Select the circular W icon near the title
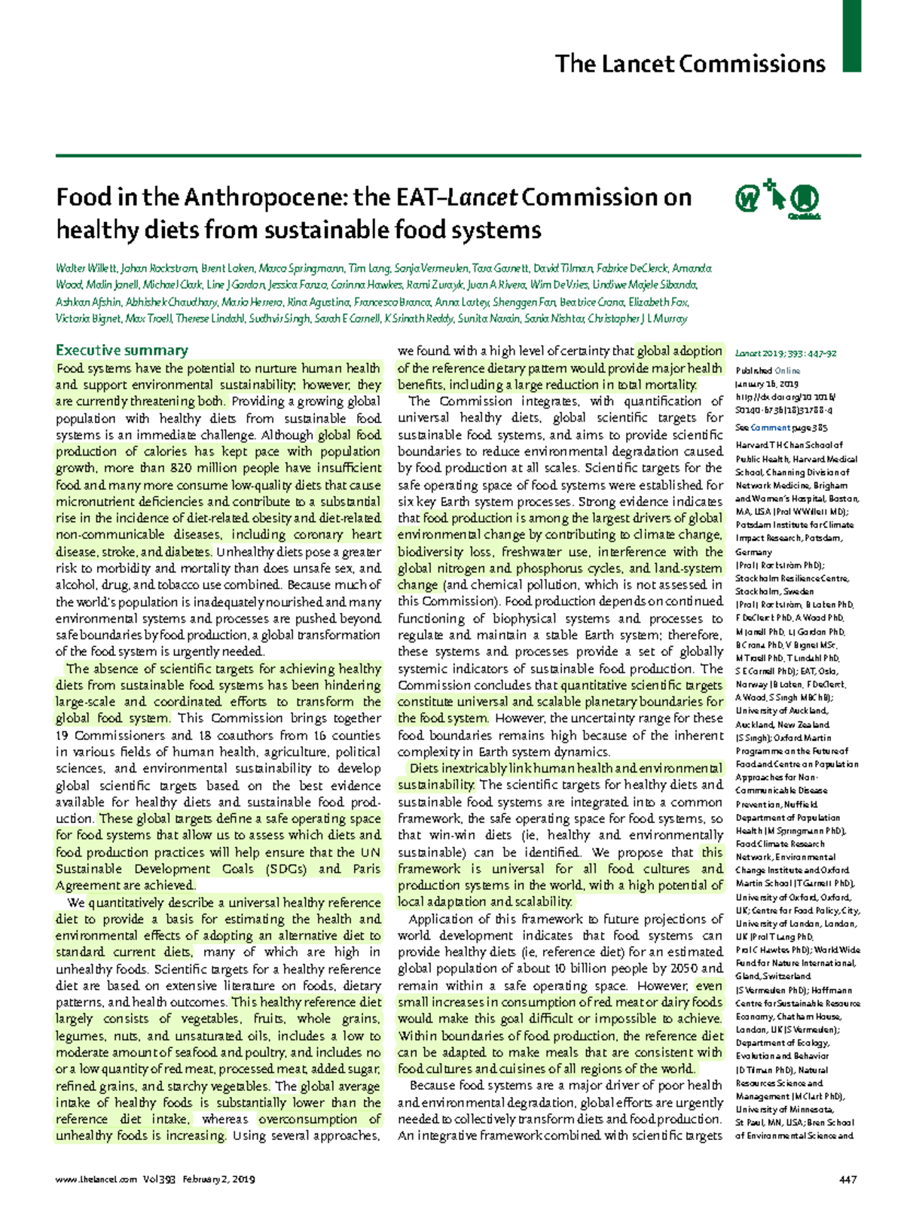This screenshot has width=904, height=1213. [x=747, y=200]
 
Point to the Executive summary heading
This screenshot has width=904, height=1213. [x=122, y=350]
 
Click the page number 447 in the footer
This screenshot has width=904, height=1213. [x=847, y=1180]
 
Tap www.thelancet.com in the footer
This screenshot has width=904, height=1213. [x=96, y=1180]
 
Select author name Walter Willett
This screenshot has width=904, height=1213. [x=86, y=269]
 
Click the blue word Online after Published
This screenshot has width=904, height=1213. [x=788, y=370]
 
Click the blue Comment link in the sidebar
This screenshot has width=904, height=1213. [x=768, y=428]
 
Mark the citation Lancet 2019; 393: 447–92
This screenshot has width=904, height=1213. [x=786, y=353]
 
